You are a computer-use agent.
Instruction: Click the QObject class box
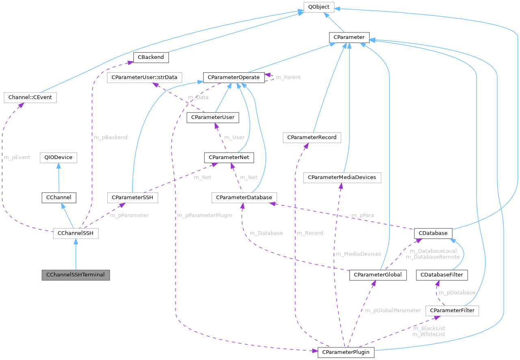click(x=318, y=7)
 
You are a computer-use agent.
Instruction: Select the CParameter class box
click(x=349, y=38)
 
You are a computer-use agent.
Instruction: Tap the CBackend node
click(x=151, y=57)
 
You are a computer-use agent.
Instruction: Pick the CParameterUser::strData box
click(x=144, y=77)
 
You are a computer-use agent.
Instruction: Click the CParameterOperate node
click(x=234, y=77)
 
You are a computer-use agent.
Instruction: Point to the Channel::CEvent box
click(x=30, y=97)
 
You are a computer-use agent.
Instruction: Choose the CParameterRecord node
click(x=312, y=137)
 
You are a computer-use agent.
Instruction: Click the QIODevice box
click(x=58, y=157)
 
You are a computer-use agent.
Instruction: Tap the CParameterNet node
click(x=230, y=157)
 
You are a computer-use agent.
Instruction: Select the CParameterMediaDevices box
click(x=342, y=177)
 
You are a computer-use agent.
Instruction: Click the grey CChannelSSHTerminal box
click(x=76, y=275)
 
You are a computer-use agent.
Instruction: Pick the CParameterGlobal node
click(x=378, y=275)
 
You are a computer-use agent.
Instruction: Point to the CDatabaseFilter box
click(x=442, y=275)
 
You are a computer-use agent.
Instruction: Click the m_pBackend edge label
click(x=110, y=137)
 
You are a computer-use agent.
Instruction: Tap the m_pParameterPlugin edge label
click(x=204, y=215)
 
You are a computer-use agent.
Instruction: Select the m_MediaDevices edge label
click(x=358, y=254)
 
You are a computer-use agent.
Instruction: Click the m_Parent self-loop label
click(x=288, y=77)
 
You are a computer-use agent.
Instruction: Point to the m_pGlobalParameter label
click(x=393, y=310)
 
